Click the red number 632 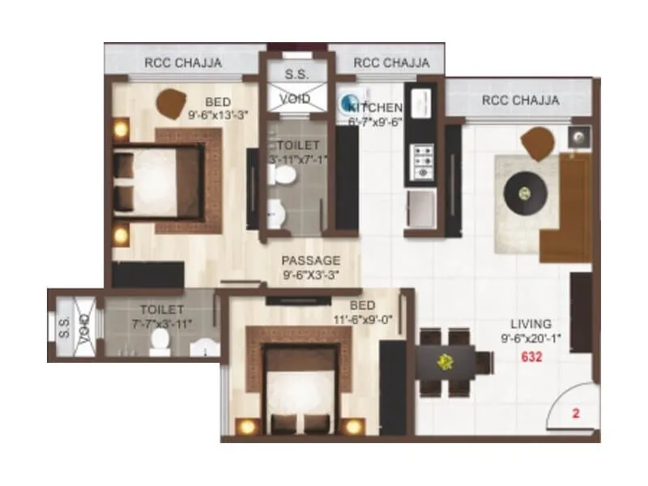[x=532, y=356]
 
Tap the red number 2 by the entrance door [x=576, y=413]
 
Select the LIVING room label [x=531, y=323]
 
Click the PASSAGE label [x=310, y=260]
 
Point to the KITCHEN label [x=376, y=108]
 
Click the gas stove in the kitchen [x=422, y=161]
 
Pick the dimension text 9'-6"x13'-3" [x=216, y=115]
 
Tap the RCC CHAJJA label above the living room [x=520, y=100]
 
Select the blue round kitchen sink [x=351, y=103]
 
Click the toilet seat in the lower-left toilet [x=159, y=344]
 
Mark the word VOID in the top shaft [x=295, y=99]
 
